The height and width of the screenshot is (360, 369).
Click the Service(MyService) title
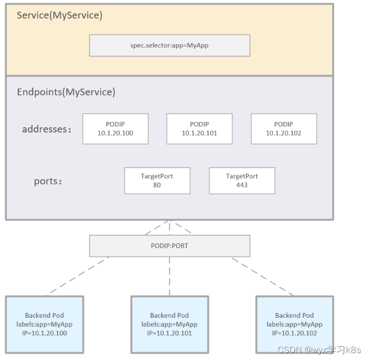tap(59, 15)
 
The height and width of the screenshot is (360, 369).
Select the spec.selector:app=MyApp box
tap(169, 45)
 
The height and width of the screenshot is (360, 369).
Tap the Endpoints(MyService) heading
tap(66, 92)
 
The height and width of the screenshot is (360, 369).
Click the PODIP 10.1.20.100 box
tap(115, 129)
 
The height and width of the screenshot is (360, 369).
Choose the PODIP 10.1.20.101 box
tap(199, 129)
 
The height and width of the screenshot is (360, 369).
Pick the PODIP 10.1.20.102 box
tap(283, 129)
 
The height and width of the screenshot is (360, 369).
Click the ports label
tap(48, 181)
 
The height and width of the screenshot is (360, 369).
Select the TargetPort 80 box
tap(157, 181)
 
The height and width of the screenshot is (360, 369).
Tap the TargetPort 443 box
tap(242, 181)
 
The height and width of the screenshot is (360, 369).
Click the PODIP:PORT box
tap(169, 245)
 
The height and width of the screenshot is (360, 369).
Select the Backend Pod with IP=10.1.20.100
tap(45, 324)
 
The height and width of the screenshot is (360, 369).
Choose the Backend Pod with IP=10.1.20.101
tap(169, 324)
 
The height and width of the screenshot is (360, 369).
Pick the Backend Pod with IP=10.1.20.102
tap(295, 324)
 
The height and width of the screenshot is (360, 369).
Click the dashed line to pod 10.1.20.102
tap(262, 276)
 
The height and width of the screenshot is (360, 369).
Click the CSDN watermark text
tap(319, 350)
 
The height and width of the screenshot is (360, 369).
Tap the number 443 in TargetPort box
tap(242, 185)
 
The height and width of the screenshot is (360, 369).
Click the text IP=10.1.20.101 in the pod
tap(169, 333)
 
